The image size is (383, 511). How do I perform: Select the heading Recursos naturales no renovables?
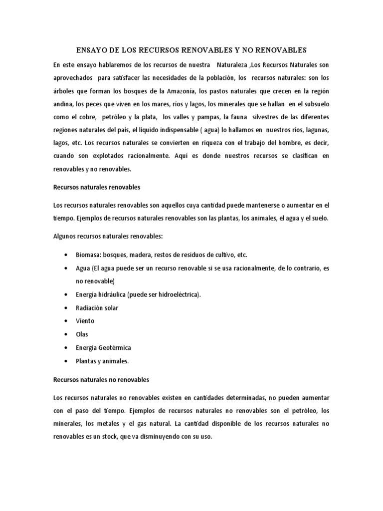click(101, 380)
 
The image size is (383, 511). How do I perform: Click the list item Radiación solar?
click(98, 308)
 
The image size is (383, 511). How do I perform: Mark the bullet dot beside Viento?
click(66, 321)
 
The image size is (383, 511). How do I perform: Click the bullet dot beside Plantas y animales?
click(66, 360)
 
